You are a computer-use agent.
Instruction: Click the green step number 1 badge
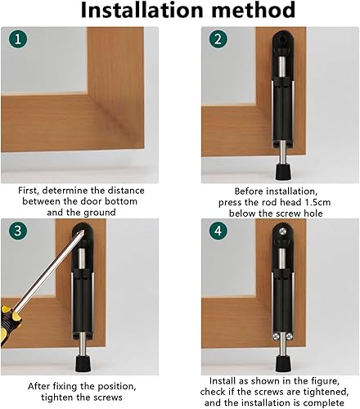pos(18,39)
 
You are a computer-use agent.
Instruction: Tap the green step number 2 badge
pos(218,39)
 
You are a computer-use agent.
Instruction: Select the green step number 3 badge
pos(18,231)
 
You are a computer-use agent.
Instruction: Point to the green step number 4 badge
pos(218,231)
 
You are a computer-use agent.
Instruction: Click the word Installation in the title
pos(142,10)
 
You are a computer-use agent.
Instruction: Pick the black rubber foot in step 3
pos(83,363)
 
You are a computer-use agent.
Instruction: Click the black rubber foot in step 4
pos(283,363)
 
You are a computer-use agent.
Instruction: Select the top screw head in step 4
pos(282,231)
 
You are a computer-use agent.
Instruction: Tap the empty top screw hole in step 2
pos(283,39)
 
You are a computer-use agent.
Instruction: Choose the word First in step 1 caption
pos(29,191)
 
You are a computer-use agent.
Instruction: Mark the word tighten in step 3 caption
pos(57,397)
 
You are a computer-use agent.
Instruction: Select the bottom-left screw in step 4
pos(276,336)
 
